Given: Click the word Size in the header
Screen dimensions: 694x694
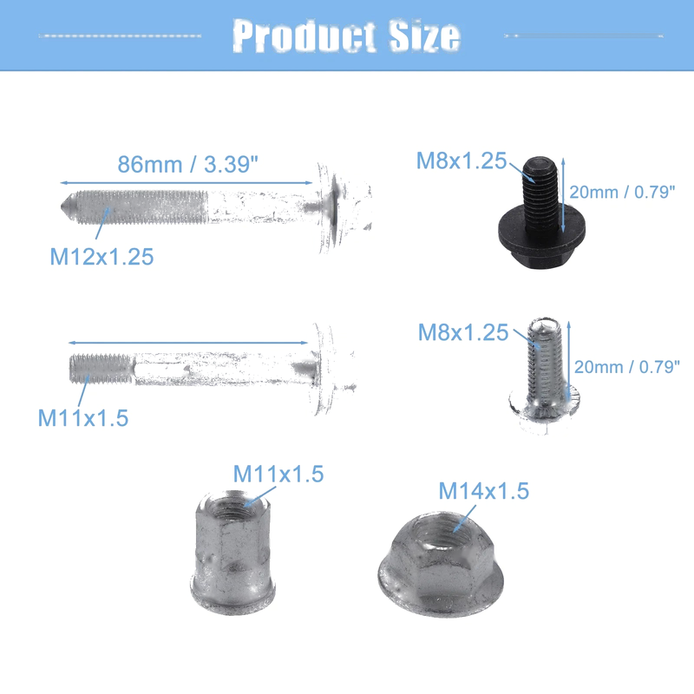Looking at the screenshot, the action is [x=425, y=36].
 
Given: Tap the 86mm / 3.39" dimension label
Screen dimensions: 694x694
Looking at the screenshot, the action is [x=187, y=165].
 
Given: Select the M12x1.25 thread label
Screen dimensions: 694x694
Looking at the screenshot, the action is [x=101, y=257].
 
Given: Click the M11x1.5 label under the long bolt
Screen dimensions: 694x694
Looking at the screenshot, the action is [x=83, y=418].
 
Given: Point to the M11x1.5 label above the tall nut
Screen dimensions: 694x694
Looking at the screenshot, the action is [x=278, y=474].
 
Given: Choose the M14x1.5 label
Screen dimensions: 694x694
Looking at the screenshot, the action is [x=484, y=491].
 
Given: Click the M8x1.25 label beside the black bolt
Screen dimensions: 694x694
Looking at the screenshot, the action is [x=462, y=160].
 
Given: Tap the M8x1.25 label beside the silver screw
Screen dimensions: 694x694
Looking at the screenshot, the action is [x=463, y=332].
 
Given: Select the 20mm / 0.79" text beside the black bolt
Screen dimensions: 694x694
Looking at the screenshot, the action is [x=622, y=192].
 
